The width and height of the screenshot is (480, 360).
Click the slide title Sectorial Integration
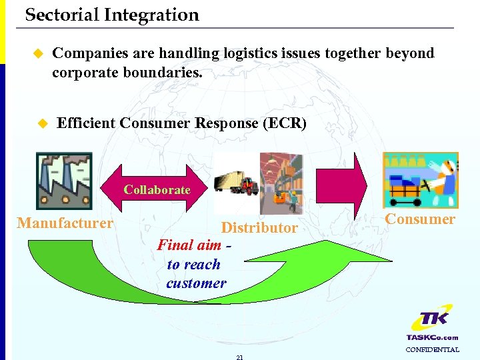coord(112,15)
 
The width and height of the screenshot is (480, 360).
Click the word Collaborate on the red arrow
coord(157,190)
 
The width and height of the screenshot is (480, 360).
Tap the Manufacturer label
coord(65,223)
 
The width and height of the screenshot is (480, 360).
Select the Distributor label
coord(259,228)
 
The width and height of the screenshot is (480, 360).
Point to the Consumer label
coord(420,219)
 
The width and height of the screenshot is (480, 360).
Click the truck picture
coord(236,183)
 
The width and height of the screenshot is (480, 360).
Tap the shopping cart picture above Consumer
coord(420,180)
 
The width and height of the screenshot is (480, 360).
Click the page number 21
coord(239,357)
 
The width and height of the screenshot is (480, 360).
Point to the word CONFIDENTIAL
coord(432,349)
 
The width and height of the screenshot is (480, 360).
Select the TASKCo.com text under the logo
coord(432,337)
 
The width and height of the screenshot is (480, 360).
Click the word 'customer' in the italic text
coord(196,283)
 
